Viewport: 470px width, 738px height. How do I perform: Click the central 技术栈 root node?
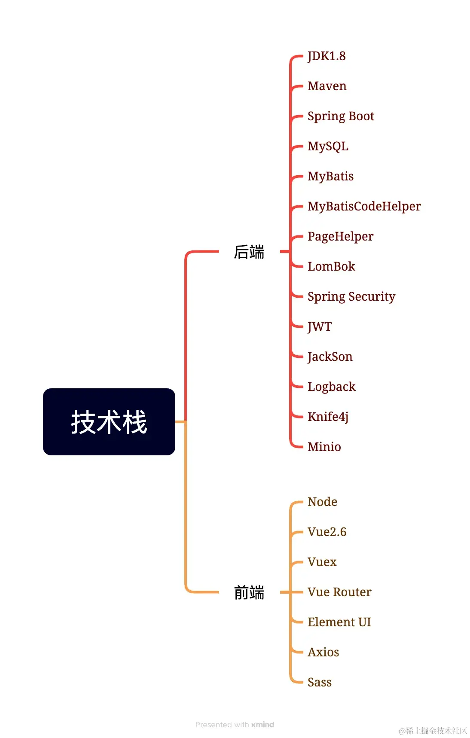click(x=109, y=422)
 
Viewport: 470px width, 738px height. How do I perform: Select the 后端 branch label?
click(x=249, y=252)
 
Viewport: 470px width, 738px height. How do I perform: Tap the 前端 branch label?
click(x=249, y=592)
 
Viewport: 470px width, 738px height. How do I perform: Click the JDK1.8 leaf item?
click(x=327, y=56)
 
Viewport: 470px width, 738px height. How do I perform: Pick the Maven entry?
click(x=327, y=86)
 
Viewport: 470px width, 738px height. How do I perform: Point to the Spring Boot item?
click(x=341, y=116)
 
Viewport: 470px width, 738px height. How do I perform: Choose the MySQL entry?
click(x=328, y=146)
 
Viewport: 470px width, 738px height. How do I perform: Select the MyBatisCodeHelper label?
click(x=364, y=207)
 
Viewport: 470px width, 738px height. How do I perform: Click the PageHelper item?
click(x=340, y=237)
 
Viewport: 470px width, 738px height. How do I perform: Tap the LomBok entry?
click(x=331, y=267)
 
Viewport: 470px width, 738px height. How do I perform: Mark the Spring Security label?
click(x=351, y=297)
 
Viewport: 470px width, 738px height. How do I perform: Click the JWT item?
click(x=320, y=327)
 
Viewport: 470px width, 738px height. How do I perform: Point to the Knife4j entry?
click(x=328, y=417)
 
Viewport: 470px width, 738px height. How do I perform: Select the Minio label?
click(x=324, y=447)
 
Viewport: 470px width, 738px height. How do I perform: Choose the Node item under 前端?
click(x=322, y=502)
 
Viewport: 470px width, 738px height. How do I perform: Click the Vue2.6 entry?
click(x=327, y=532)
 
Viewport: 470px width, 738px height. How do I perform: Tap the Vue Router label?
click(x=339, y=592)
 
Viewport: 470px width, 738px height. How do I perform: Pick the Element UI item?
click(x=339, y=622)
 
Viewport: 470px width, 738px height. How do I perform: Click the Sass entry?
click(x=320, y=683)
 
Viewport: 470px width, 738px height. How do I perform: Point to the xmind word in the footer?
click(x=262, y=725)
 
